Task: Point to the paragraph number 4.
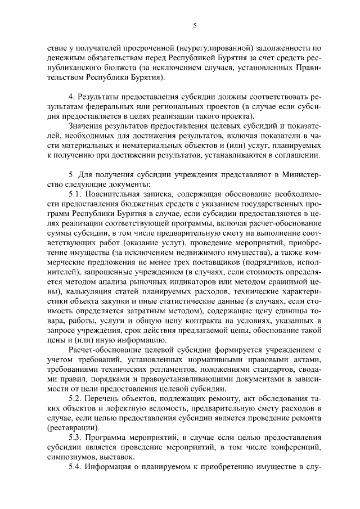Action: tap(71, 97)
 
